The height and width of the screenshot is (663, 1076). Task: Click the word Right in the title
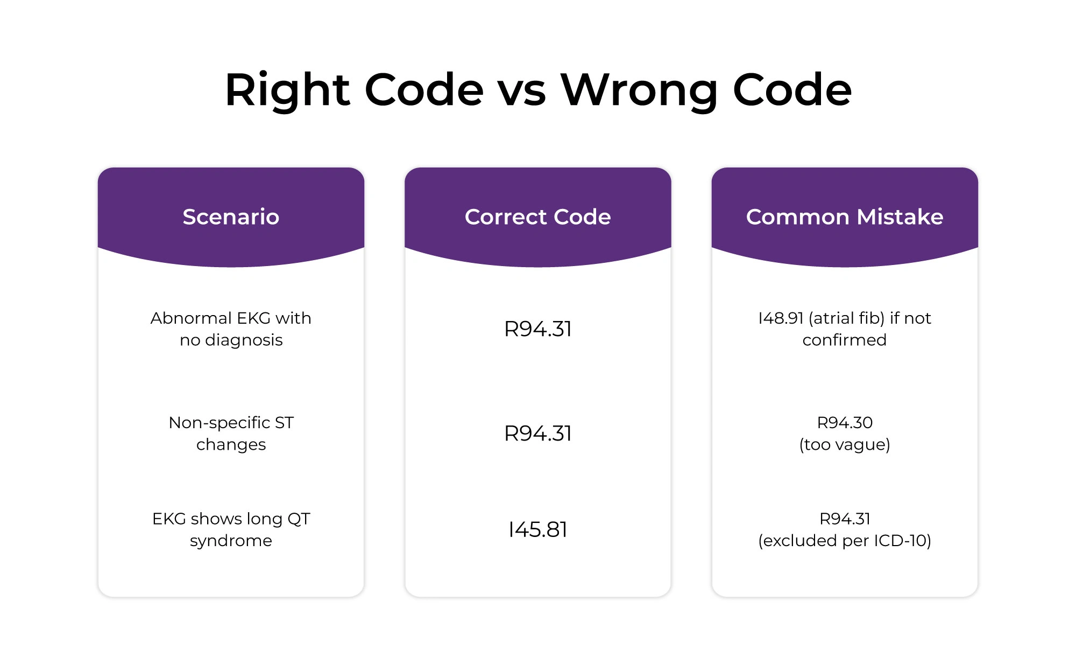click(x=287, y=90)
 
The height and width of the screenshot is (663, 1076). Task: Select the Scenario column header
click(x=231, y=217)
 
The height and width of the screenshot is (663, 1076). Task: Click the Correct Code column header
click(x=537, y=217)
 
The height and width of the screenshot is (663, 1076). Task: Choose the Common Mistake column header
click(x=844, y=217)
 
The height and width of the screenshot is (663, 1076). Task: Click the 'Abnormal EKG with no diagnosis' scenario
click(x=231, y=329)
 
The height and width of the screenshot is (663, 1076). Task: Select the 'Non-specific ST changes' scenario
click(x=231, y=434)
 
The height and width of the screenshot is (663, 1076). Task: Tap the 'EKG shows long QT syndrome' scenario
click(x=231, y=529)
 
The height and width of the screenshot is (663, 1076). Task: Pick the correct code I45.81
click(x=537, y=529)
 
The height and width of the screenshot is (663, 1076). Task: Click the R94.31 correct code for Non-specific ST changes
click(x=537, y=434)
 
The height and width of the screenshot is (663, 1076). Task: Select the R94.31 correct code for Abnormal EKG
click(x=537, y=329)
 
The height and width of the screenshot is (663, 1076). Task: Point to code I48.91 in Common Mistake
click(x=781, y=318)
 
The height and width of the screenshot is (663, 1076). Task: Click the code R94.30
click(x=845, y=423)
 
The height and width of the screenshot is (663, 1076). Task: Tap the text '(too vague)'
click(x=845, y=445)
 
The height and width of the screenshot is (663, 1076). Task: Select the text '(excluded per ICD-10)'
click(x=845, y=541)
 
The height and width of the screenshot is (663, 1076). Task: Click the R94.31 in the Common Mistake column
click(x=845, y=519)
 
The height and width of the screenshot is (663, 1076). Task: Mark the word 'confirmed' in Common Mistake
click(x=845, y=340)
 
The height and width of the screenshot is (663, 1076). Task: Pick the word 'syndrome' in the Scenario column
click(x=231, y=541)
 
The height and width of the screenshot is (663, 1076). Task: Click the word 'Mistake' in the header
click(x=900, y=217)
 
